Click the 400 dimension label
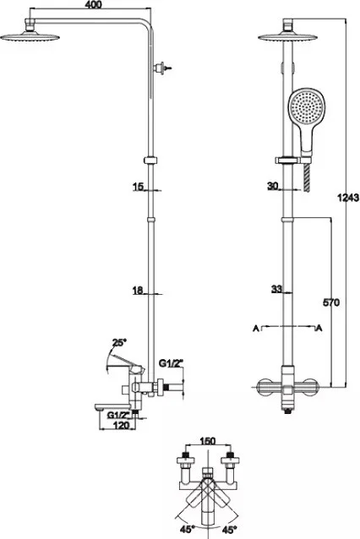(x=93, y=5)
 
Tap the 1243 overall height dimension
(x=348, y=198)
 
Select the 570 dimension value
(x=330, y=302)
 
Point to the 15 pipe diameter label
(x=138, y=187)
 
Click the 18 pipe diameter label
(x=138, y=291)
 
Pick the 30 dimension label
(x=273, y=186)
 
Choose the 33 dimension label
(x=276, y=289)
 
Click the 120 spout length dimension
(x=122, y=425)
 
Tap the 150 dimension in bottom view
(x=207, y=441)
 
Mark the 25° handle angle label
(x=119, y=343)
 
